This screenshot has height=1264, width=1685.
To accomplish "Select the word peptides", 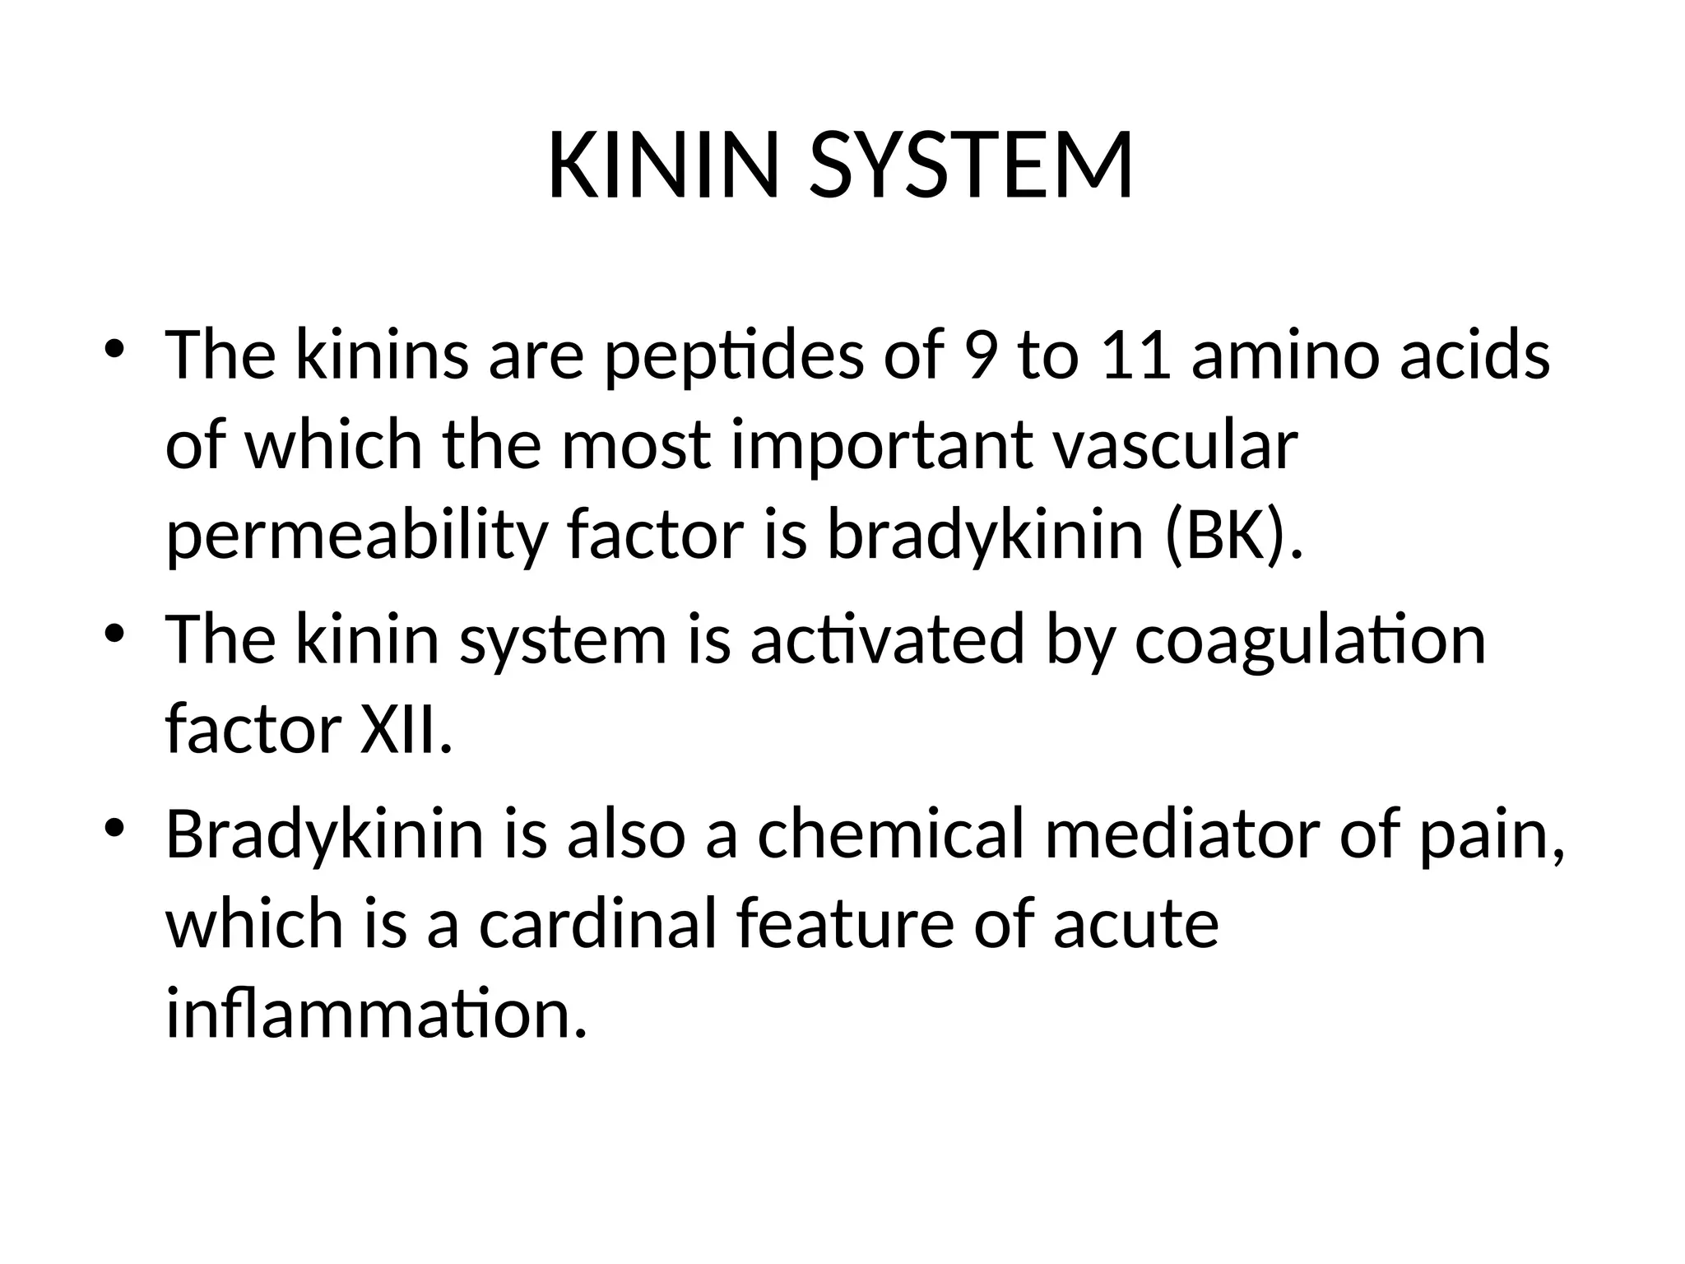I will (x=734, y=356).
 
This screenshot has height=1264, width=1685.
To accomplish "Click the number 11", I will (x=1136, y=356).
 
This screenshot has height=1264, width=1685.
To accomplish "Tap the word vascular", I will (x=1176, y=446).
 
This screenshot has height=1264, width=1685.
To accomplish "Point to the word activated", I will (x=887, y=640).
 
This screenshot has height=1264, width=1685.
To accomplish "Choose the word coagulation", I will (x=1310, y=640).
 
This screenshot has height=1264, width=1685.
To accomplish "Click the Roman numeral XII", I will (x=406, y=730).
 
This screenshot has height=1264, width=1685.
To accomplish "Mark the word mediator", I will (x=1181, y=834).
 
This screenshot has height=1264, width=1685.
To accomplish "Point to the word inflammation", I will (x=376, y=1014).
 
